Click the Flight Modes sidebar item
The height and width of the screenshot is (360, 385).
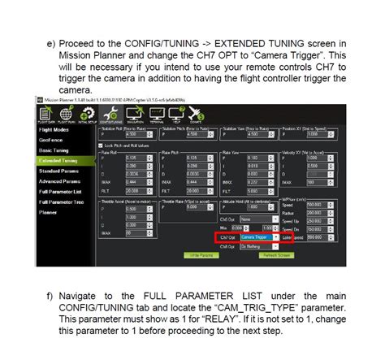point(54,129)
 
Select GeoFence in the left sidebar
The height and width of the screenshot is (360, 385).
point(52,140)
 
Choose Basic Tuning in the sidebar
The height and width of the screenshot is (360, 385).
point(54,150)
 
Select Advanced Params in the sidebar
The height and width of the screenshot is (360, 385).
point(58,181)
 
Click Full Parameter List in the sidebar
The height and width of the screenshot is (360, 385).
point(59,191)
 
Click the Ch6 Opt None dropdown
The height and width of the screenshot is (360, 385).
point(253,219)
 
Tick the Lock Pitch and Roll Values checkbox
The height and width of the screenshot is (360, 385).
point(102,144)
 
